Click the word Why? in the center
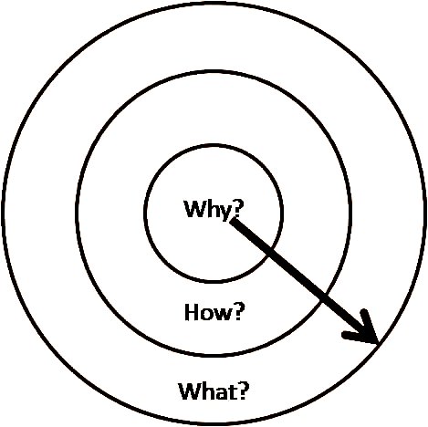pyautogui.click(x=214, y=210)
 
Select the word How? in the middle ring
pyautogui.click(x=214, y=312)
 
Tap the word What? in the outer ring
pyautogui.click(x=214, y=391)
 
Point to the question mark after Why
pyautogui.click(x=238, y=209)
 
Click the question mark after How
pyautogui.click(x=238, y=312)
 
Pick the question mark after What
pyautogui.click(x=244, y=391)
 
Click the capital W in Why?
pyautogui.click(x=195, y=209)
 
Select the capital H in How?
pyautogui.click(x=192, y=312)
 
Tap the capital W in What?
pyautogui.click(x=190, y=391)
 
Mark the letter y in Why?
pyautogui.click(x=225, y=213)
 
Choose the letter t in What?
pyautogui.click(x=232, y=392)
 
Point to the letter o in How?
pyautogui.click(x=206, y=315)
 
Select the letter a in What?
pyautogui.click(x=221, y=394)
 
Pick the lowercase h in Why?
pyautogui.click(x=213, y=209)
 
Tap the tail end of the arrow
pyautogui.click(x=233, y=222)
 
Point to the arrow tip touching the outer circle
pyautogui.click(x=378, y=344)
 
